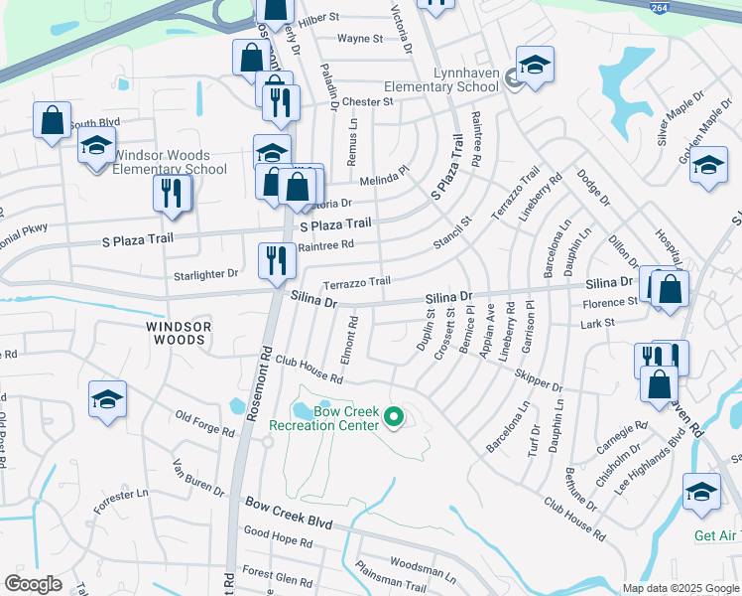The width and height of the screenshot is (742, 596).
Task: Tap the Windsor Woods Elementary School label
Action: coord(170,162)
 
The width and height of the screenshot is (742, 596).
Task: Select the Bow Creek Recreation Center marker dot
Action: coord(394,417)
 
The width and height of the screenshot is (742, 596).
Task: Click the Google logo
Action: coord(33,584)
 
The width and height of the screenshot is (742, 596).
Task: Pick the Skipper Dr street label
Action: coord(539,380)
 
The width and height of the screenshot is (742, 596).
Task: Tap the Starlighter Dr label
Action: coord(206,274)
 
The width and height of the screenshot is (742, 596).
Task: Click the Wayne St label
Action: coord(360,39)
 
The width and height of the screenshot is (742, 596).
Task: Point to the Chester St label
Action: coord(362,101)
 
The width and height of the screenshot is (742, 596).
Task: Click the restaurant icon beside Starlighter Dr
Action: coord(277,260)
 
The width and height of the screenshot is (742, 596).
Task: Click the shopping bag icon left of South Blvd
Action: coord(52,120)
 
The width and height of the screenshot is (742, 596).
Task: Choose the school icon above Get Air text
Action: coord(701,492)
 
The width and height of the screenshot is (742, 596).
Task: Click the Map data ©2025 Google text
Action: coord(680,587)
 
